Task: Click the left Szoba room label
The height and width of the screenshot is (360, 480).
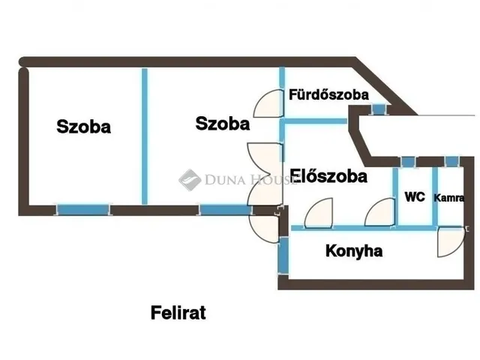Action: click(84, 127)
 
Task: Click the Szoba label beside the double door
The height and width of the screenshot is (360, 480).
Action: click(222, 124)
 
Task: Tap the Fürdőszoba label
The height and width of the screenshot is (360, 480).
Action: click(328, 95)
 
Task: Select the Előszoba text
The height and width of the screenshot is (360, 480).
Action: click(328, 177)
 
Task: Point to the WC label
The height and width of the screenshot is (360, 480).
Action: click(415, 197)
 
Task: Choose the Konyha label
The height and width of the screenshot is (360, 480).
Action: click(354, 251)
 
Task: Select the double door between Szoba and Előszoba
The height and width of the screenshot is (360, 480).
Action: click(264, 175)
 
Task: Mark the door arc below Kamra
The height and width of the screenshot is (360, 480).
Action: click(450, 241)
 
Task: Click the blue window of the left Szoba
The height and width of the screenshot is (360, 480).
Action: click(82, 209)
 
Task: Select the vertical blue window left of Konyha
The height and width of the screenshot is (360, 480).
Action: click(283, 256)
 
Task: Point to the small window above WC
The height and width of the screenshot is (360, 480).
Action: click(407, 160)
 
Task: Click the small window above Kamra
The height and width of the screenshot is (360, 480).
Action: click(451, 160)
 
